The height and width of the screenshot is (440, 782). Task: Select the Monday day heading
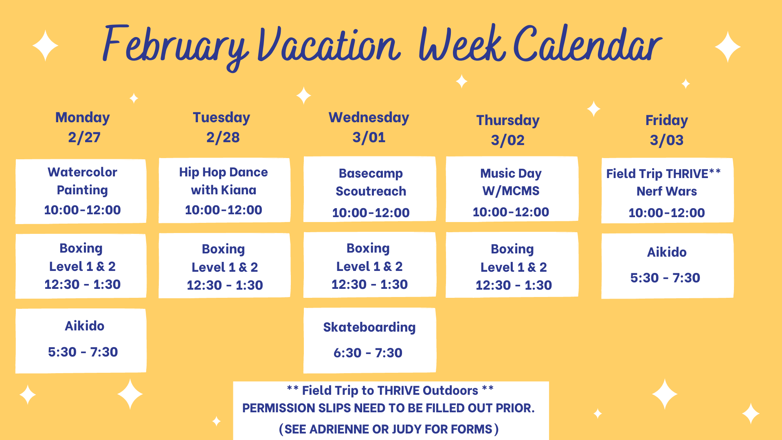click(x=83, y=117)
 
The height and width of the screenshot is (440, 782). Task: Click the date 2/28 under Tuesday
click(x=223, y=137)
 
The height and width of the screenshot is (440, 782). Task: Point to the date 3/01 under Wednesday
click(x=369, y=137)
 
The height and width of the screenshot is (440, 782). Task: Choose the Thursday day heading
click(x=508, y=120)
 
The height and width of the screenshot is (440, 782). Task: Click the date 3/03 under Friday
click(x=667, y=140)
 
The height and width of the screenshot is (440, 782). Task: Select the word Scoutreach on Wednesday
click(x=371, y=191)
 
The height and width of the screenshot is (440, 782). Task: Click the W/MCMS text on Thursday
click(x=511, y=191)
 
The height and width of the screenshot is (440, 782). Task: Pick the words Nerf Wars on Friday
click(x=667, y=191)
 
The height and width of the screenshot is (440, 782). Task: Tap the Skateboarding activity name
click(x=369, y=327)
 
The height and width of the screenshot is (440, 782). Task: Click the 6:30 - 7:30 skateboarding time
click(x=368, y=353)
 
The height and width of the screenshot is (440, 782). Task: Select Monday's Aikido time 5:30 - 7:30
click(x=83, y=352)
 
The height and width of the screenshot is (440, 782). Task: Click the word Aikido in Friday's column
click(x=667, y=252)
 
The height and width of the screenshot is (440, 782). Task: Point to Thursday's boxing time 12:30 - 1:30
click(x=514, y=285)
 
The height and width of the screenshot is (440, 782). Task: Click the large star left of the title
click(x=45, y=46)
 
